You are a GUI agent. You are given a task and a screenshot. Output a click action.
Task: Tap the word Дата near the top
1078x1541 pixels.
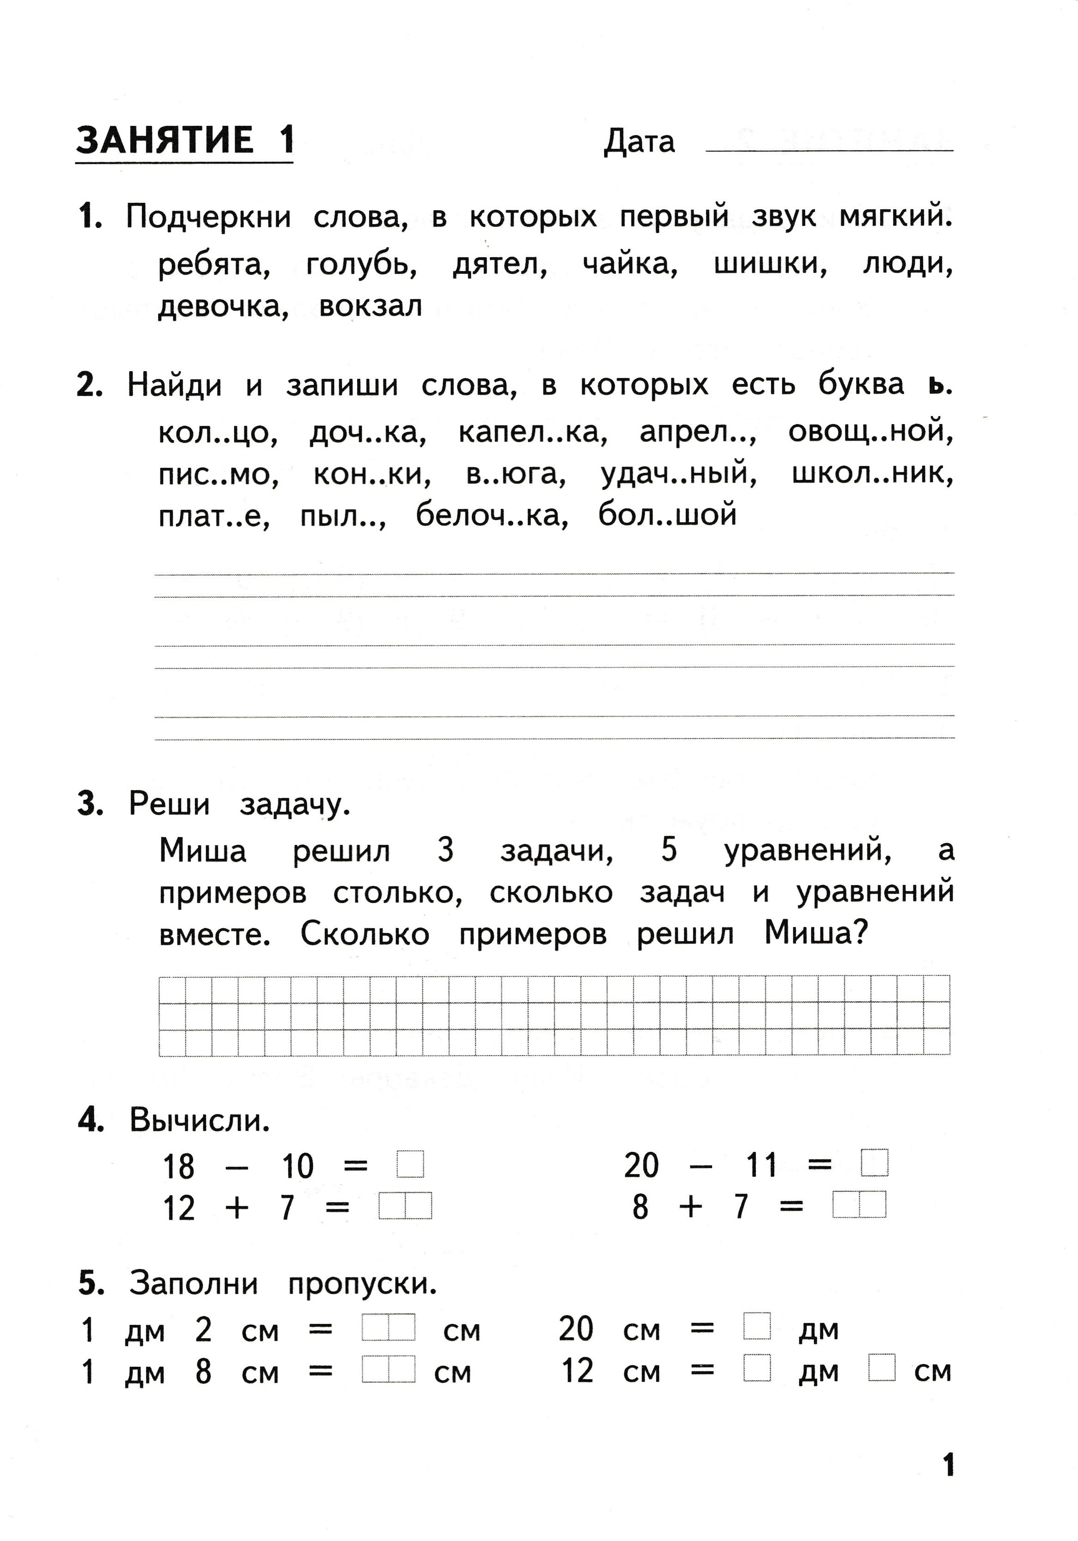coord(639,142)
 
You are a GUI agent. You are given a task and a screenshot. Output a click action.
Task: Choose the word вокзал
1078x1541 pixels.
coord(371,307)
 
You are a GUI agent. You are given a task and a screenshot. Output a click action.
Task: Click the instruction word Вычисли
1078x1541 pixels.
coord(200,1120)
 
